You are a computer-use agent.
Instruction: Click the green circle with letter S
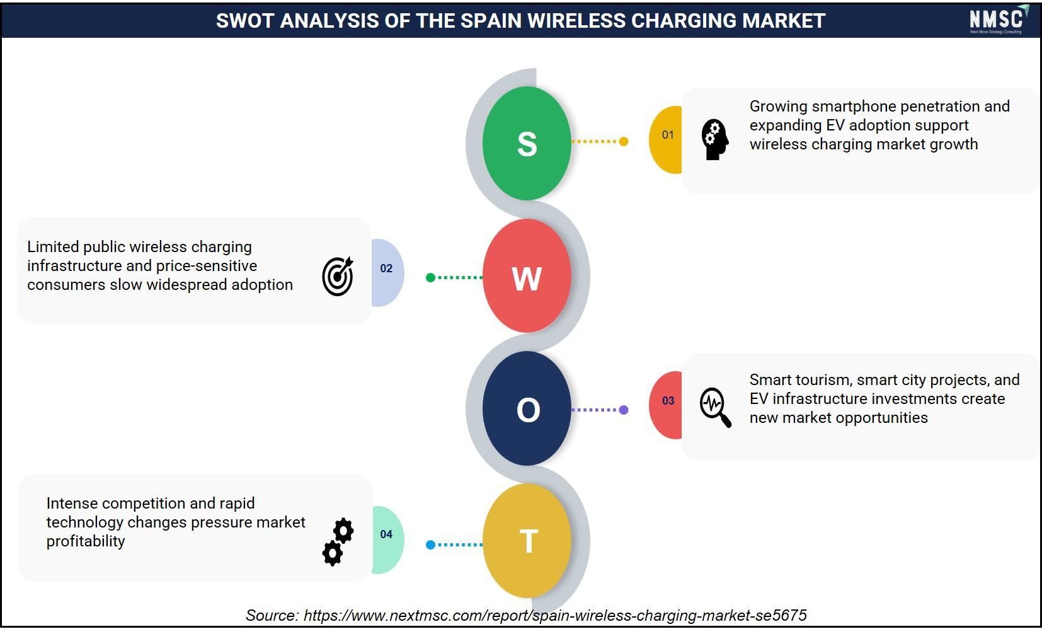(527, 143)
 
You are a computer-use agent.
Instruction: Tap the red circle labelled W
(527, 275)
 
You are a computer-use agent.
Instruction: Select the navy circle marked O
(527, 408)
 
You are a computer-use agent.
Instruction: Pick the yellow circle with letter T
(527, 541)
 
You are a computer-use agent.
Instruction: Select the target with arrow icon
(338, 276)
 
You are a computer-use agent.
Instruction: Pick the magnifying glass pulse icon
(716, 407)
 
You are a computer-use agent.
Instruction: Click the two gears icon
(338, 542)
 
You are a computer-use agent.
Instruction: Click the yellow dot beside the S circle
(624, 141)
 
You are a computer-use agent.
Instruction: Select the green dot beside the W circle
(431, 278)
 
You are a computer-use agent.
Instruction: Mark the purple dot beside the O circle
(624, 410)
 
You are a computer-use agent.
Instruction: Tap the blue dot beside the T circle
(431, 545)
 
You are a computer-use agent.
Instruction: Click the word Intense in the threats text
(72, 503)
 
